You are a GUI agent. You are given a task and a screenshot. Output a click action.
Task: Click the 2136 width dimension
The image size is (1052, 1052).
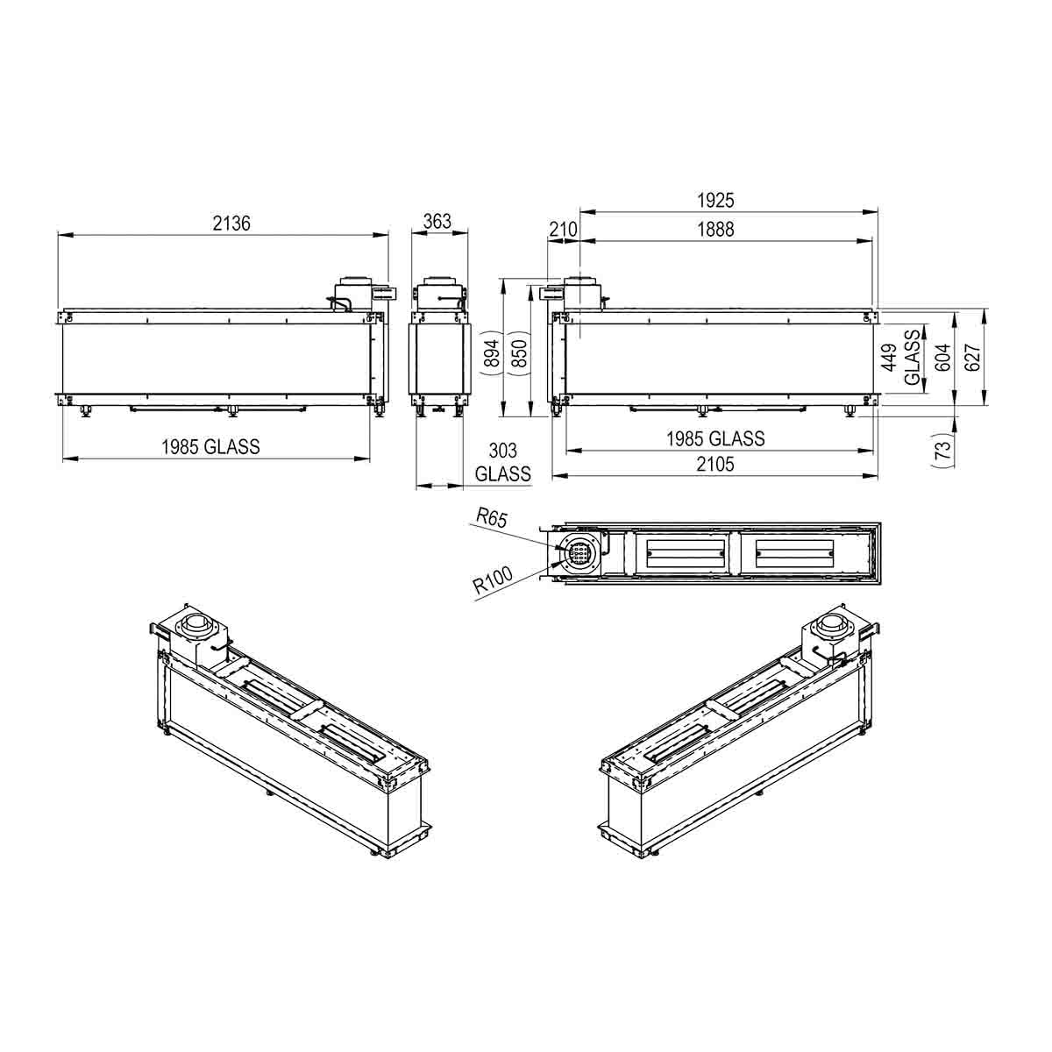coord(231,224)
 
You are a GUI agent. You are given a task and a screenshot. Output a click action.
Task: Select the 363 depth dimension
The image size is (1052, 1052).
coord(437,221)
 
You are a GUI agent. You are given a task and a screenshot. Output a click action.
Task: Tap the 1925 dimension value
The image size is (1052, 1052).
coord(715,201)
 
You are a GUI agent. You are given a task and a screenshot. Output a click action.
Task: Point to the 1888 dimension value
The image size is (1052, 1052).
coord(715,230)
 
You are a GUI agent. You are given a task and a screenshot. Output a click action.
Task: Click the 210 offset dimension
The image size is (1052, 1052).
coord(563,230)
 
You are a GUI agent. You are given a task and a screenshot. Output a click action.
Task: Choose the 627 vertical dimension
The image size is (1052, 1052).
coord(972,358)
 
